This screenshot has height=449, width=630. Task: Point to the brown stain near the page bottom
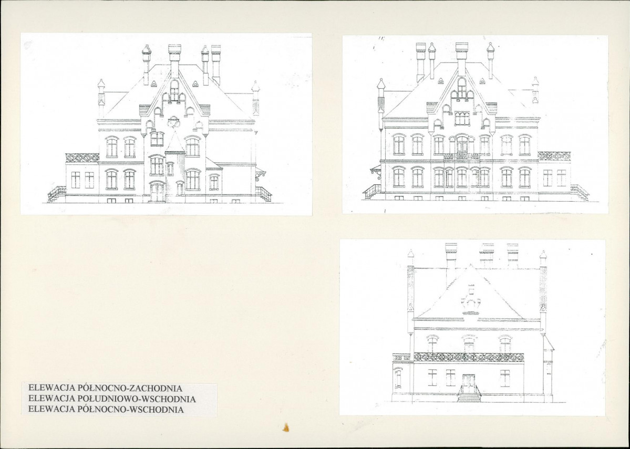pos(286,427)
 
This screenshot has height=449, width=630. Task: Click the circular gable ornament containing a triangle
pos(173,120)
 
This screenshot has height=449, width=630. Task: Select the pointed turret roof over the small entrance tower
pos(175,142)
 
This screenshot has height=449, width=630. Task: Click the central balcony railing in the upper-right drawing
pos(461,156)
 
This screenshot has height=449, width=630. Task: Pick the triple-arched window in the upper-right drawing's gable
pos(462,118)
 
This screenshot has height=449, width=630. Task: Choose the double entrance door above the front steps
pos(469,383)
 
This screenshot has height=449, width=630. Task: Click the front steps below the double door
pos(469,398)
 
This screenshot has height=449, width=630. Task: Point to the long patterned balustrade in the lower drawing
pos(469,357)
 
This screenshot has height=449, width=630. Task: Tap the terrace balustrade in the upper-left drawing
pos(82,158)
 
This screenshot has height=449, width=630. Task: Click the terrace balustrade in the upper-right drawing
pos(554,156)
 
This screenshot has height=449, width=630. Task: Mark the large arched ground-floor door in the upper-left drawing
pos(157,192)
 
